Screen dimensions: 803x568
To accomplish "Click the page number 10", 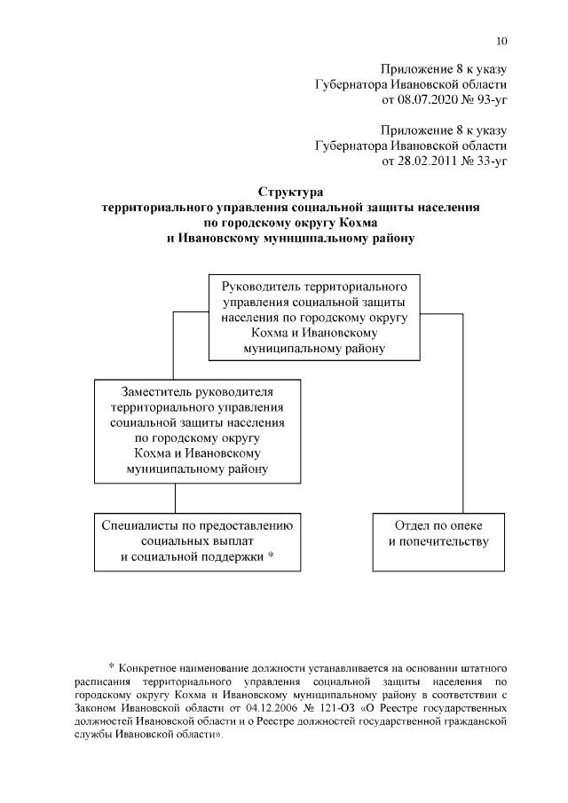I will (x=501, y=41).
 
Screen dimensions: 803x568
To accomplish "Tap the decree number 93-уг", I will (x=486, y=100).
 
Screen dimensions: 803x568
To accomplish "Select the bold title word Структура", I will (x=291, y=192).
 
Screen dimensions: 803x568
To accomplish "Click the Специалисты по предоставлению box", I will (x=198, y=540).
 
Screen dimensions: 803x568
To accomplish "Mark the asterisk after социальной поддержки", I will (x=270, y=556).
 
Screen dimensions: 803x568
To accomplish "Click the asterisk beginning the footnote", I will (x=112, y=666).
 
